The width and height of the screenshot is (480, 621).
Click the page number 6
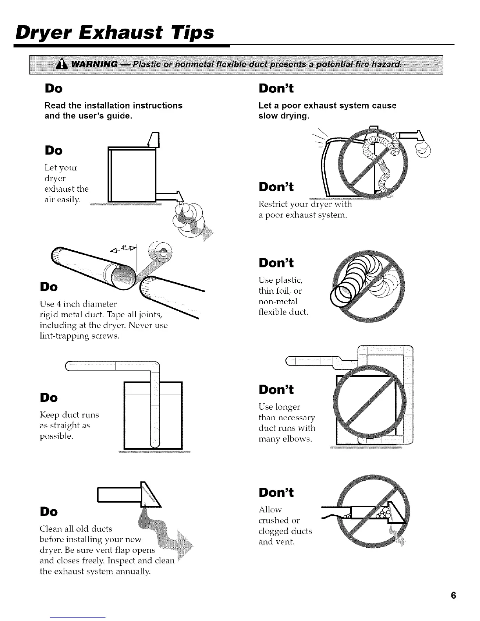[x=453, y=595]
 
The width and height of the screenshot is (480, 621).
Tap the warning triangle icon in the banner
[x=62, y=65]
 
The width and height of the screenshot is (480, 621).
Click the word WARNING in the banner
[x=95, y=64]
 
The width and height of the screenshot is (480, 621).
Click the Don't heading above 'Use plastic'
[x=276, y=263]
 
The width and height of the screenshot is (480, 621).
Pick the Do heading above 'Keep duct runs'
[x=49, y=398]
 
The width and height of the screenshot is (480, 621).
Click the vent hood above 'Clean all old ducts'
[x=129, y=495]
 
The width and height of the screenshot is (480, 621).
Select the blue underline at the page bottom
[x=78, y=617]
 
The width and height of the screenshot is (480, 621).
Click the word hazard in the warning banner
[x=386, y=64]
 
